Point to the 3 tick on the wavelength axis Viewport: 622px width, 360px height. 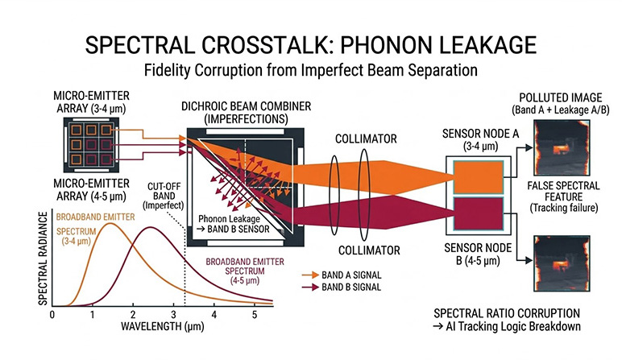coord(172,313)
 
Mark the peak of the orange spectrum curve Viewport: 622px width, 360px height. coord(111,225)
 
